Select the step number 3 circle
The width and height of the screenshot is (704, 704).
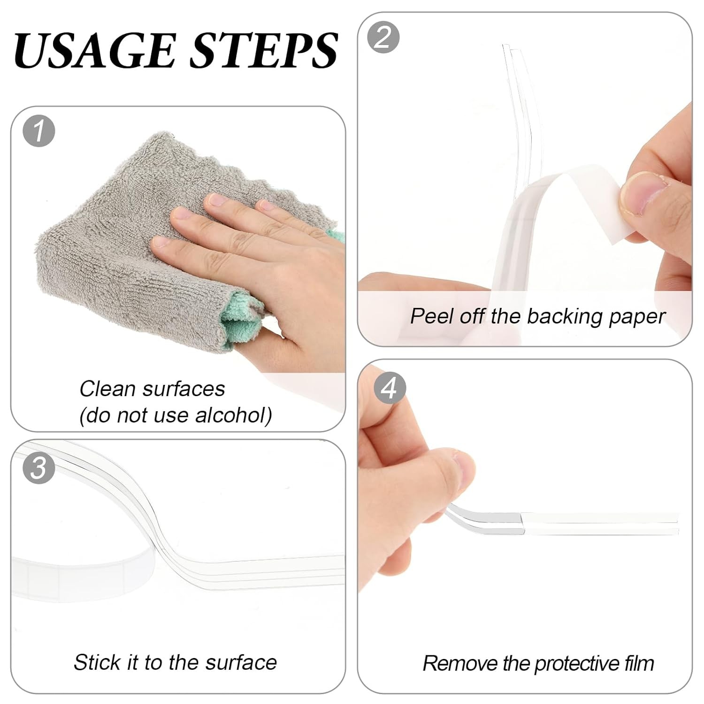(39, 468)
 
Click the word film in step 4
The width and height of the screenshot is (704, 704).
(639, 663)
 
